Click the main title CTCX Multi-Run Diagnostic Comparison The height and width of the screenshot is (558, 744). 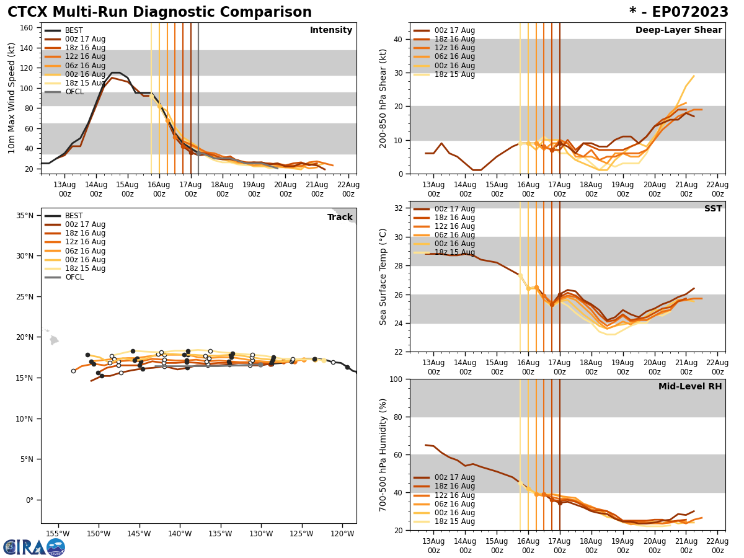pyautogui.click(x=159, y=12)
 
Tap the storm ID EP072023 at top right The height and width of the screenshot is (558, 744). pyautogui.click(x=678, y=12)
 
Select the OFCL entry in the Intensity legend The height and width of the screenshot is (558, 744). pyautogui.click(x=74, y=92)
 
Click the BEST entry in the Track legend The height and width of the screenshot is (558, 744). pyautogui.click(x=74, y=216)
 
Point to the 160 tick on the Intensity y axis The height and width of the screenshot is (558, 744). pyautogui.click(x=27, y=27)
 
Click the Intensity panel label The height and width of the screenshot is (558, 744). pyautogui.click(x=331, y=30)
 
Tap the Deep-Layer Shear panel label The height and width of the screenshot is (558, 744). pyautogui.click(x=678, y=30)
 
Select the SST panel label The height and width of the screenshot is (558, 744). pyautogui.click(x=712, y=209)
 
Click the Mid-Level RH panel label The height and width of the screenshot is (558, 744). pyautogui.click(x=689, y=387)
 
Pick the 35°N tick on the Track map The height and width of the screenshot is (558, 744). pyautogui.click(x=25, y=216)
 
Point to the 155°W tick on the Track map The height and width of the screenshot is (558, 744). pyautogui.click(x=58, y=533)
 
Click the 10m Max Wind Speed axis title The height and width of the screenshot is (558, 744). pyautogui.click(x=12, y=98)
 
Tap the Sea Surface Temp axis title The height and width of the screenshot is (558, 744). pyautogui.click(x=383, y=277)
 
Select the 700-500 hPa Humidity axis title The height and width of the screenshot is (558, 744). pyautogui.click(x=383, y=454)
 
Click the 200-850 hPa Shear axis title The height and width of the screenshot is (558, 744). pyautogui.click(x=383, y=98)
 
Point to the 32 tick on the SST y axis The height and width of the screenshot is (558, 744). pyautogui.click(x=399, y=208)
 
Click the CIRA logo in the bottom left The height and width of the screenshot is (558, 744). pyautogui.click(x=34, y=547)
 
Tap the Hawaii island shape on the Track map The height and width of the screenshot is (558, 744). pyautogui.click(x=54, y=340)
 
